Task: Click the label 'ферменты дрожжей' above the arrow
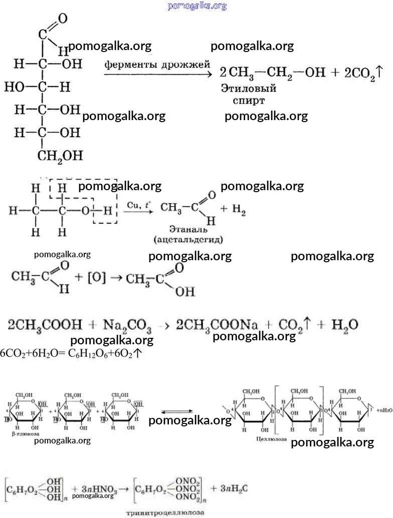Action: click(157, 65)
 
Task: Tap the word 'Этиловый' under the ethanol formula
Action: click(249, 89)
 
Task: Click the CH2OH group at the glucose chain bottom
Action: click(60, 156)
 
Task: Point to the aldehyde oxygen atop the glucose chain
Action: click(62, 19)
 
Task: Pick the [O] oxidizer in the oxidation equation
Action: click(97, 279)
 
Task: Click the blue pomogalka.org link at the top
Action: click(197, 6)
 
